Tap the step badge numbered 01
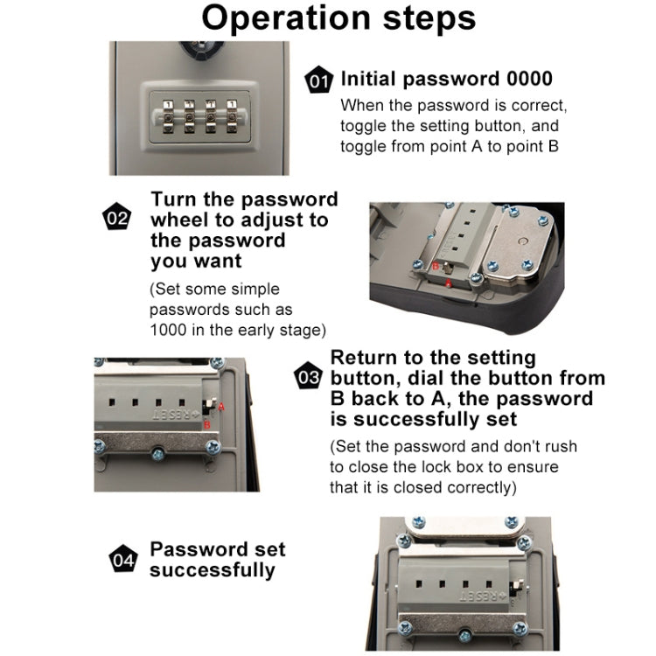tap(318, 81)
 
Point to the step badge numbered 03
tap(308, 378)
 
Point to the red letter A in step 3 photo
tap(221, 406)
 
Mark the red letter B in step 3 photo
tap(207, 425)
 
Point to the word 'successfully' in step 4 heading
tap(212, 570)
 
